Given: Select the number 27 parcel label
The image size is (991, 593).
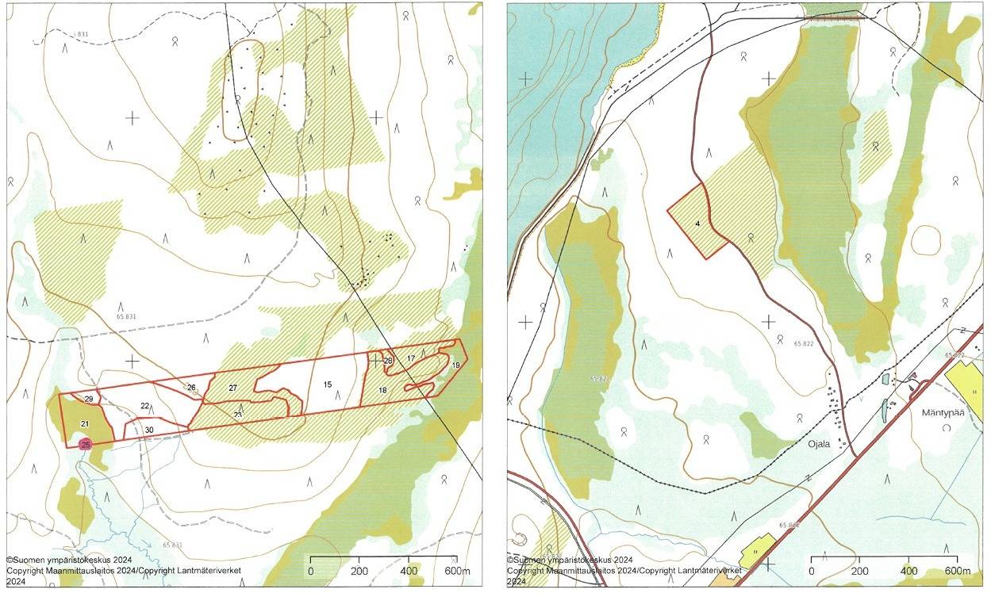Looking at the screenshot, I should [x=232, y=388].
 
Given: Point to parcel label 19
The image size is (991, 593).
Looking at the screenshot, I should [x=455, y=365].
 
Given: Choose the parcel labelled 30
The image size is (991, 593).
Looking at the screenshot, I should [x=149, y=430].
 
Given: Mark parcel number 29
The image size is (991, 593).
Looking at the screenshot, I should [x=89, y=398].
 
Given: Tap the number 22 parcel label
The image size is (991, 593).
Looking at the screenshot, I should [x=145, y=406].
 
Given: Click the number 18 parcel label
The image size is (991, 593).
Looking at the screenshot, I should [x=382, y=390].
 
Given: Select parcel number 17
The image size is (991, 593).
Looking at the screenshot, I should [x=411, y=359].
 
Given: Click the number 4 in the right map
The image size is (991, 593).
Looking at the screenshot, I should [x=697, y=224].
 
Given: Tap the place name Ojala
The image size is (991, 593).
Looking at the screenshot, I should [x=817, y=444].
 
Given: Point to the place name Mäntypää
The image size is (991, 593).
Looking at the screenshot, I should [x=942, y=413].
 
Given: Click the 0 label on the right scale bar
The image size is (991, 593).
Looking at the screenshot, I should [x=812, y=572].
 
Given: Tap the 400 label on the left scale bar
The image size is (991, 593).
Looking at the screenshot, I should [x=409, y=572].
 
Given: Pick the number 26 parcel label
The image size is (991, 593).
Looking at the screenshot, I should [x=191, y=387].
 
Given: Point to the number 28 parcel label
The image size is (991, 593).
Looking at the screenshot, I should [x=388, y=361].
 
